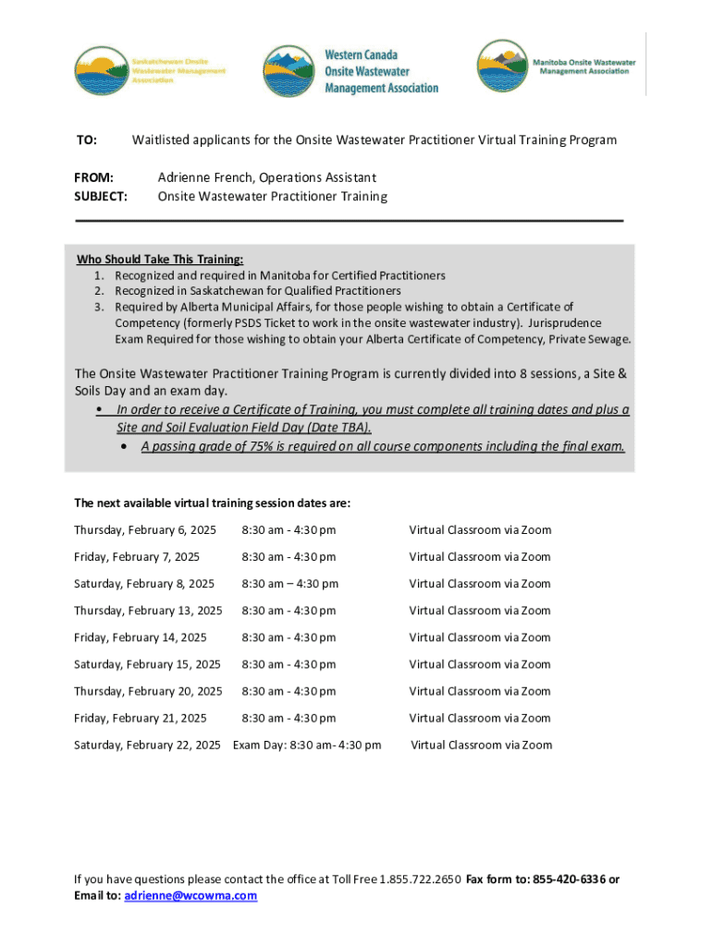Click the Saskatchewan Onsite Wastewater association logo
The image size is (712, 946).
pyautogui.click(x=150, y=69)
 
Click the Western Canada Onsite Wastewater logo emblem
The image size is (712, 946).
pyautogui.click(x=289, y=71)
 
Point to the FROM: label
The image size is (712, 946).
pyautogui.click(x=93, y=177)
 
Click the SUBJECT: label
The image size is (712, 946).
pyautogui.click(x=101, y=197)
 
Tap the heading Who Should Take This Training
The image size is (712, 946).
pyautogui.click(x=160, y=260)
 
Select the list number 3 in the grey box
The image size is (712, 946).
pyautogui.click(x=97, y=307)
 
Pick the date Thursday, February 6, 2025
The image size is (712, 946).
pyautogui.click(x=144, y=530)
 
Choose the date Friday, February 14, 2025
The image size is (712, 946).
pyautogui.click(x=141, y=637)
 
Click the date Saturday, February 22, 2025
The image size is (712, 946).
pyautogui.click(x=147, y=745)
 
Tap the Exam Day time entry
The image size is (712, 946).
pyautogui.click(x=307, y=745)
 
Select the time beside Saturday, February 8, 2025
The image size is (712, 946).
pyautogui.click(x=289, y=584)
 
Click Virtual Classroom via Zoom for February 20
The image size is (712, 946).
pyautogui.click(x=480, y=691)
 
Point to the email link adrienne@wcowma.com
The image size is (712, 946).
pyautogui.click(x=190, y=896)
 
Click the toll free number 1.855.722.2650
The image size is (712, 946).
pyautogui.click(x=419, y=879)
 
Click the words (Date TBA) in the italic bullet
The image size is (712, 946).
pyautogui.click(x=336, y=428)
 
